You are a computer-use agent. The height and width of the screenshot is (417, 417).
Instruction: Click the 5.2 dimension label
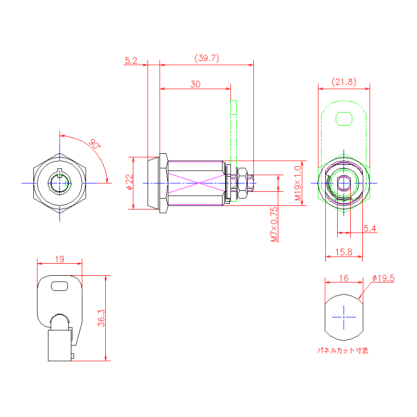click(x=131, y=60)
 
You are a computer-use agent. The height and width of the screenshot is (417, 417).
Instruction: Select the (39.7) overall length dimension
click(x=206, y=58)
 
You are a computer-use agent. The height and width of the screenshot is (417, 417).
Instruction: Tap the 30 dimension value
click(x=195, y=84)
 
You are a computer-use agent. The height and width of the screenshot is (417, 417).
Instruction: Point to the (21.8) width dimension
click(x=344, y=82)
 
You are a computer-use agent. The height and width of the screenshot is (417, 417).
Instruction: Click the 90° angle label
click(x=95, y=144)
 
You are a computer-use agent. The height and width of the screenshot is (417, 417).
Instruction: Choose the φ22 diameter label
click(x=129, y=182)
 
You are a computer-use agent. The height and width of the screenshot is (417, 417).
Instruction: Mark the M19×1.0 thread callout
click(x=298, y=183)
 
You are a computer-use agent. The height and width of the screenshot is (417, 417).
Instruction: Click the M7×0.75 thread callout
click(x=274, y=225)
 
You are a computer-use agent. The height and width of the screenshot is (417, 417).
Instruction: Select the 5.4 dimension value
click(x=370, y=228)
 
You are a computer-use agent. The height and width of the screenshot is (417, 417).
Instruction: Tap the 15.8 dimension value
click(x=344, y=252)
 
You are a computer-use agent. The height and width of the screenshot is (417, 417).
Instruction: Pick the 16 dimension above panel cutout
click(x=344, y=278)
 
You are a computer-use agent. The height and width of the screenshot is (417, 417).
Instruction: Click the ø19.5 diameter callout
click(x=384, y=278)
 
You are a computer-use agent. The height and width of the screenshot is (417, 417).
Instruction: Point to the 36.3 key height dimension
click(x=102, y=318)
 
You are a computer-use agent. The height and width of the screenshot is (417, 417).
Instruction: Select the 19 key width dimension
click(x=59, y=259)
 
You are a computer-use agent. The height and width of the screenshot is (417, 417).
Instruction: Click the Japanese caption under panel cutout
click(x=343, y=350)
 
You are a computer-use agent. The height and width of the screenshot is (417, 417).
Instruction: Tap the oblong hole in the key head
click(x=59, y=286)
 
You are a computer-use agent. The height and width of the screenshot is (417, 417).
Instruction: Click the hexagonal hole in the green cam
click(x=344, y=119)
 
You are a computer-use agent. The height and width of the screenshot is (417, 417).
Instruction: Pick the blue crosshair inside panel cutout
click(x=344, y=317)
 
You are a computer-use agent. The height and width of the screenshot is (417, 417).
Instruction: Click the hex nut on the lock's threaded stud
click(x=242, y=183)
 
